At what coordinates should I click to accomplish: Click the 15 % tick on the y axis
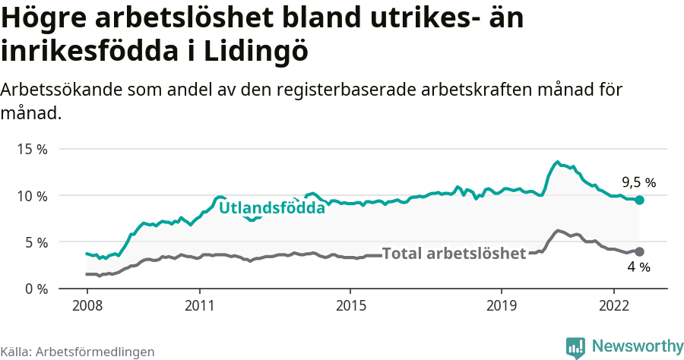click(32, 149)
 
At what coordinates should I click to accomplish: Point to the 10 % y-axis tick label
click(32, 196)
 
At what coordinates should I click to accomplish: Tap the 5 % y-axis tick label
click(35, 242)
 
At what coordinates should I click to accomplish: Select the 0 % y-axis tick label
click(35, 289)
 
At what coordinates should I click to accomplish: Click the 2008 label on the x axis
click(87, 305)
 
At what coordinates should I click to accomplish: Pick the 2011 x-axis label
click(199, 305)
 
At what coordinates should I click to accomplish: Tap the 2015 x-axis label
click(350, 305)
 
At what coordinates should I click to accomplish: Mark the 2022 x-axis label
click(613, 305)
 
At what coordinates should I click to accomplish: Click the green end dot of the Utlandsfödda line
click(640, 200)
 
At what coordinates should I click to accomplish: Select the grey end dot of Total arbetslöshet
click(640, 251)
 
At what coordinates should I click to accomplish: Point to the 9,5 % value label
click(638, 182)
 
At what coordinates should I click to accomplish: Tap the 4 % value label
click(638, 267)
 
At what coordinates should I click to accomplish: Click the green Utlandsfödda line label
click(272, 207)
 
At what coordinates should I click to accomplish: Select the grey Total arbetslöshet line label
click(454, 254)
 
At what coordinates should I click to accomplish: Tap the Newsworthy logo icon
click(575, 347)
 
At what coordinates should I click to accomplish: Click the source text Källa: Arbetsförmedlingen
click(78, 352)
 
